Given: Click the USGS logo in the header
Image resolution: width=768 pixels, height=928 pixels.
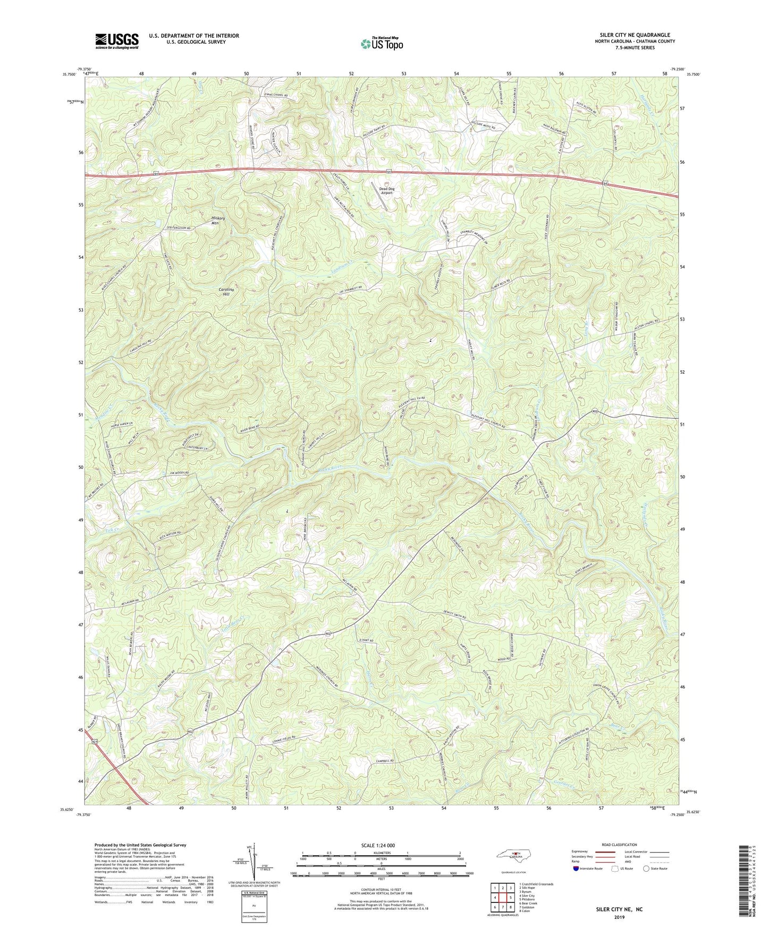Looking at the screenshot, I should click(117, 41).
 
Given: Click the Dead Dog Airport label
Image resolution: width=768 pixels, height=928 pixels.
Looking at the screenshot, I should click(386, 190).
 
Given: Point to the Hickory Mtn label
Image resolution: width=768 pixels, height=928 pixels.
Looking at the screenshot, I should click(218, 221).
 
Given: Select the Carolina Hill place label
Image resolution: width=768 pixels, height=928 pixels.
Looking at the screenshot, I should click(226, 291).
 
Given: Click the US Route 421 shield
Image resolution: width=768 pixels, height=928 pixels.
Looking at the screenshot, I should click(95, 741).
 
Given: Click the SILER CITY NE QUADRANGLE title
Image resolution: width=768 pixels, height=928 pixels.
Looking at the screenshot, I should click(631, 35).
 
